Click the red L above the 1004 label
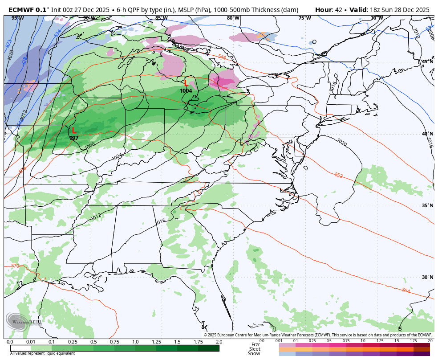pos(186,83)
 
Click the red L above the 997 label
pos(74,131)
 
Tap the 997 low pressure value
pos(74,138)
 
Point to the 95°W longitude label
pos(18,18)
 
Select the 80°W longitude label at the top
pos(233,18)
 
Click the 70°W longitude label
pos(377,18)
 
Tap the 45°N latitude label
pos(427,61)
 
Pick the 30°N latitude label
pos(427,277)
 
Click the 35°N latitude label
pos(427,205)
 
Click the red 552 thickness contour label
pos(338,176)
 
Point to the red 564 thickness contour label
pos(406,290)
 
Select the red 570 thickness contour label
pos(15,266)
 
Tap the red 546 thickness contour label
pos(222,57)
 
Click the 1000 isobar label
pos(89,146)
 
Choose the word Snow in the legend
pos(254,353)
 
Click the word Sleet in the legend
pos(254,349)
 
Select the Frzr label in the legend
pos(255,344)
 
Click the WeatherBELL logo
pos(24,322)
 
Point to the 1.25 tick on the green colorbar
pos(156,342)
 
